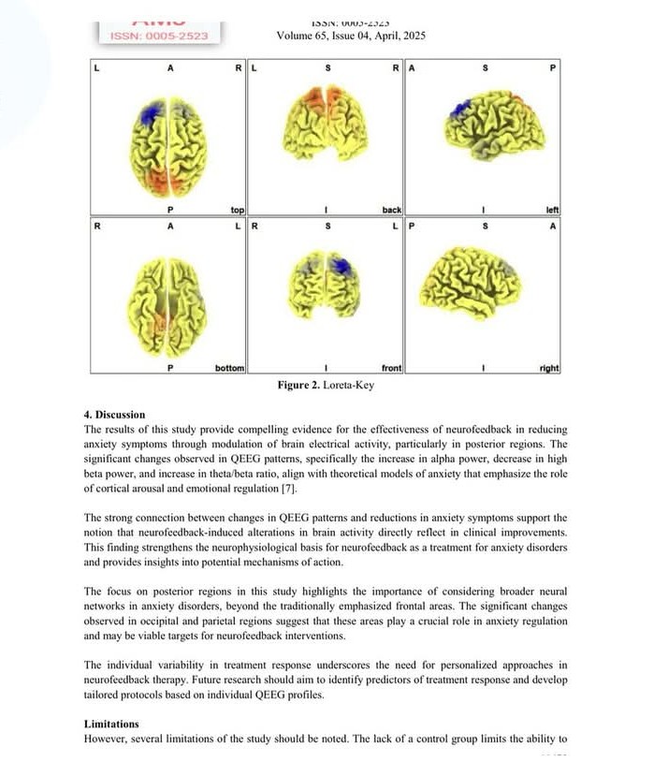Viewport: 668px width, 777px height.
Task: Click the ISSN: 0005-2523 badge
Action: pos(158,36)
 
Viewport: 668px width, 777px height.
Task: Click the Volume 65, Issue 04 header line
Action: pos(339,36)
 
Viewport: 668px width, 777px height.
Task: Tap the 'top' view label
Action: pos(237,211)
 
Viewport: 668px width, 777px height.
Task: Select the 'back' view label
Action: pos(391,211)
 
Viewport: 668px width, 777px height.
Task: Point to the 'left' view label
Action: pos(552,211)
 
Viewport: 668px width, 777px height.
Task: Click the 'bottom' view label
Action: pos(229,369)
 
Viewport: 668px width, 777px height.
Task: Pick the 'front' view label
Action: pos(391,369)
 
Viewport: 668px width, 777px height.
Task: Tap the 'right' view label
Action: pos(549,369)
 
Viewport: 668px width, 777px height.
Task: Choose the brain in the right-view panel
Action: pos(471,281)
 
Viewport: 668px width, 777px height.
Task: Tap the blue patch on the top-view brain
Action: pos(149,115)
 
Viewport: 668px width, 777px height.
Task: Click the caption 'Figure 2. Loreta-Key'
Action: pos(327,386)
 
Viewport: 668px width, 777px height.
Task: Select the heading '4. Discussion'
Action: pos(114,415)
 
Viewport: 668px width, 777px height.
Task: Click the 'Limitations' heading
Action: pos(111,724)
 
